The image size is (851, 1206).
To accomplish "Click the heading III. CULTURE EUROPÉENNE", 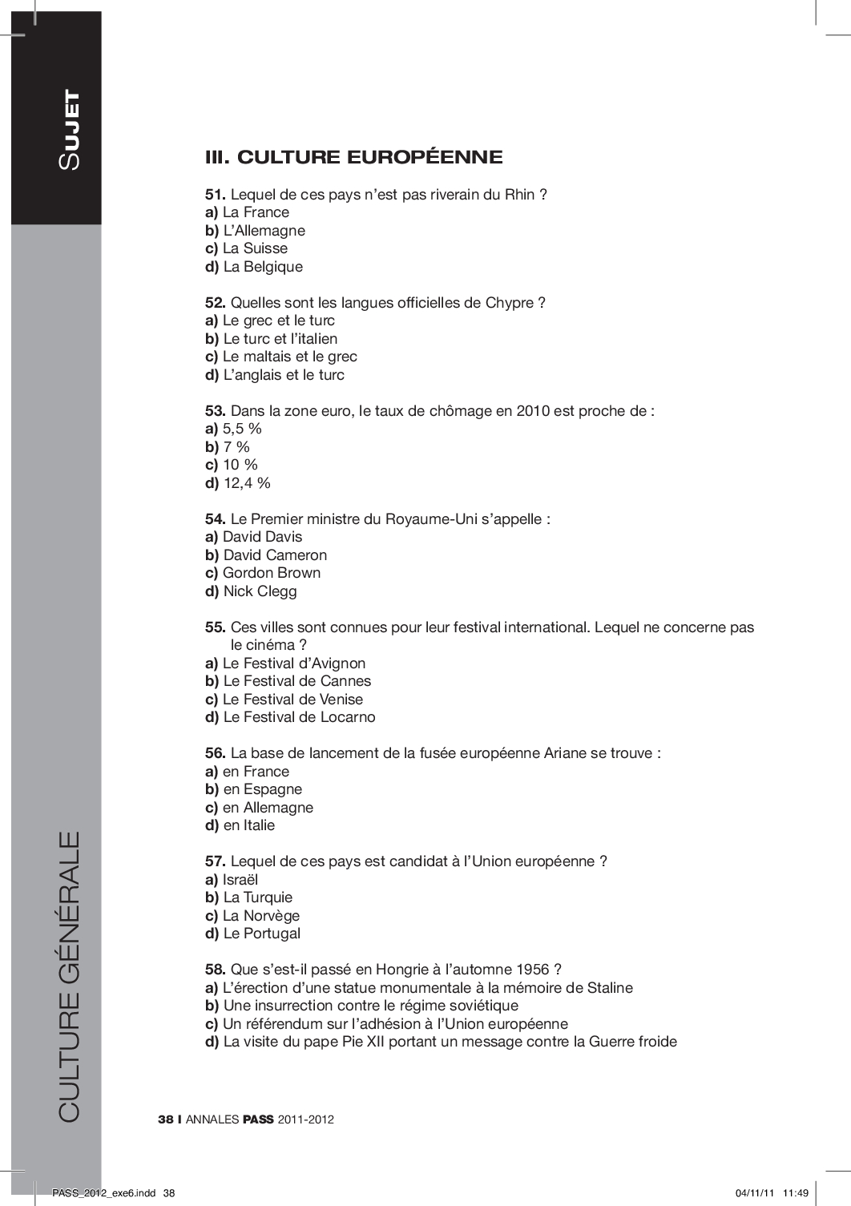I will click(x=354, y=157).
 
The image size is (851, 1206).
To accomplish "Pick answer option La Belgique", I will click(x=263, y=267).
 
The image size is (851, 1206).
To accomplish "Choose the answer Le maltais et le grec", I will click(x=289, y=357).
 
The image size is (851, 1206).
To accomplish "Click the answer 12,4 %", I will click(x=247, y=483).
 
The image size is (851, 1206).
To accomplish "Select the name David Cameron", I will click(x=275, y=555).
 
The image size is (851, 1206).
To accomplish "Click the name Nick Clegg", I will click(x=260, y=591).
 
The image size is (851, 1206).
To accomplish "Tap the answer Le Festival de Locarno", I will click(x=299, y=717).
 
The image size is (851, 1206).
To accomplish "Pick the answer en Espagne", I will click(x=263, y=789).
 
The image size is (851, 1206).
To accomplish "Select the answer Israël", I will click(x=240, y=880).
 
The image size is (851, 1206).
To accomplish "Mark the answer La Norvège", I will click(x=261, y=916).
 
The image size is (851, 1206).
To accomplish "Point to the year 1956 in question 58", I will click(x=533, y=970).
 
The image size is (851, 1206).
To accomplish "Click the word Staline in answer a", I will click(x=610, y=988).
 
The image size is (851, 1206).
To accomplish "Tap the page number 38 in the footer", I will click(x=166, y=1119).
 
